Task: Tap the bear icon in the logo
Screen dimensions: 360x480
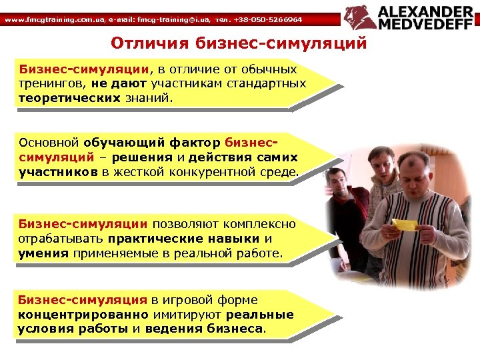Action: [360, 17]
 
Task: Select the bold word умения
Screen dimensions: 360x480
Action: [41, 253]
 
